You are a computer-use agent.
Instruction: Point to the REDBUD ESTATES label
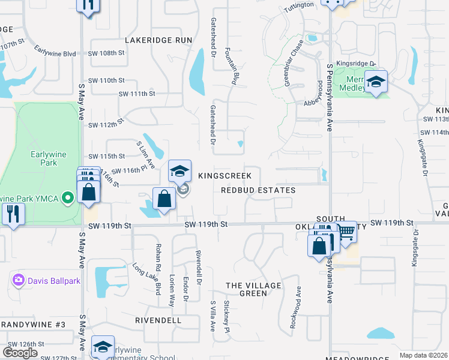[258, 190]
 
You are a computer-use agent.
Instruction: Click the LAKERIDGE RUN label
[158, 40]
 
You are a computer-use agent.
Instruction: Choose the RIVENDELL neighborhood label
[158, 320]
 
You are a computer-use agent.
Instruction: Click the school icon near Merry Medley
[376, 82]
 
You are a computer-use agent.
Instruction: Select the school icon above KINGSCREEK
[179, 172]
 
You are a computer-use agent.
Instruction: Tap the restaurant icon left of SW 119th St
[11, 214]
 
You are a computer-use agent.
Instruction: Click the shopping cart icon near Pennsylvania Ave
[345, 232]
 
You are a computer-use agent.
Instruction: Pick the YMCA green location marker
[68, 197]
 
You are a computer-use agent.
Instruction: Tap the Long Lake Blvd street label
[147, 278]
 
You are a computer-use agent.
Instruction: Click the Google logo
[20, 353]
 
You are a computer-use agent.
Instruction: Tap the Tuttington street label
[298, 5]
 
